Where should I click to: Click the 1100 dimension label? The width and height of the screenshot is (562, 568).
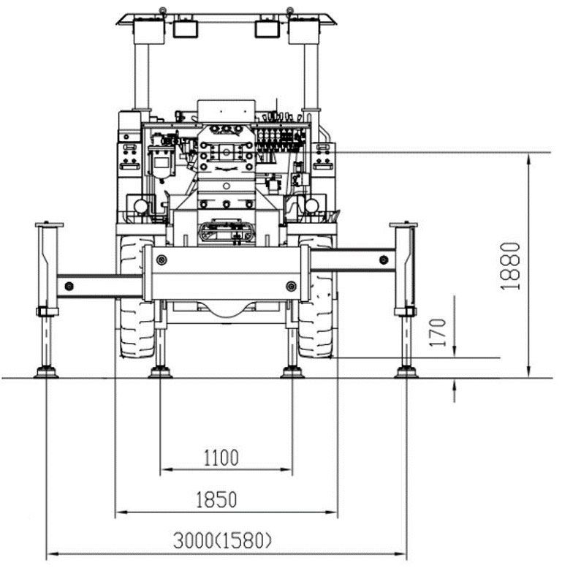(221, 458)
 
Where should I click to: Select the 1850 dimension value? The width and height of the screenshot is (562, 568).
(216, 499)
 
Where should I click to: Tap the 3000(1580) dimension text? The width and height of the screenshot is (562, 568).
(222, 541)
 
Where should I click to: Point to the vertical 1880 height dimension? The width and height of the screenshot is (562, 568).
(510, 266)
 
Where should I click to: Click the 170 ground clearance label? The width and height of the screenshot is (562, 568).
(438, 332)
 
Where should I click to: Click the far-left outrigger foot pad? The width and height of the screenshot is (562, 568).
(46, 372)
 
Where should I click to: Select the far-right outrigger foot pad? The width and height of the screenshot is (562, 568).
(406, 372)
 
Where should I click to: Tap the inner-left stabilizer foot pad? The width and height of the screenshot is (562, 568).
(160, 372)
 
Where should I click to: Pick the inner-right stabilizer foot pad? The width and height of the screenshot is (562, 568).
(292, 372)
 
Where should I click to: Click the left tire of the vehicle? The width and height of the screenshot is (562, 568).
(137, 297)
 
